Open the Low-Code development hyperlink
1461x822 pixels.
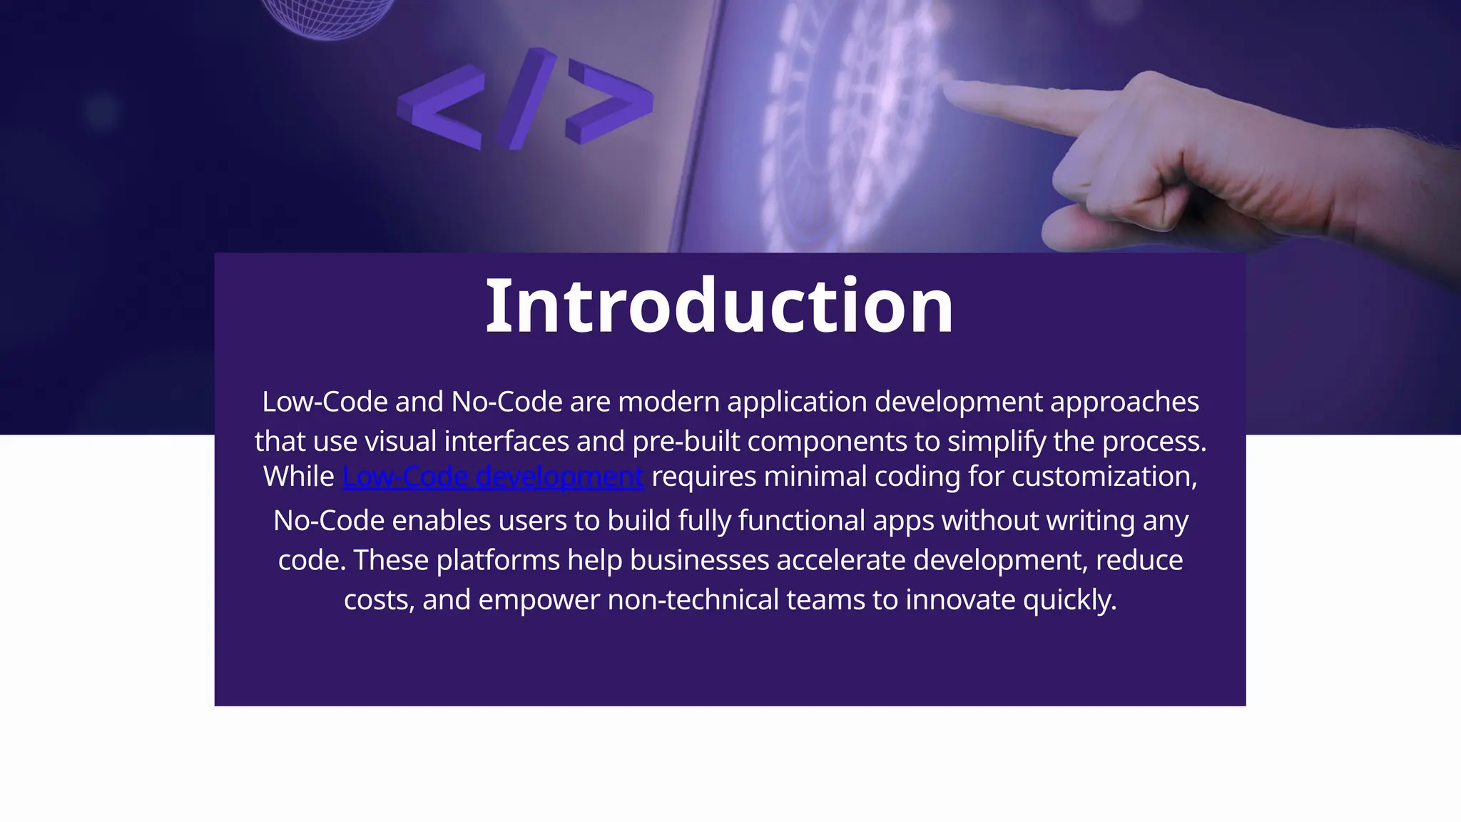[493, 477]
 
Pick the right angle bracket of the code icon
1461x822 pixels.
[609, 100]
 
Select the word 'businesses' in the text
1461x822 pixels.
[699, 560]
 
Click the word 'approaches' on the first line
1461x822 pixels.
[1124, 402]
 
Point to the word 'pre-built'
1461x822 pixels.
[686, 442]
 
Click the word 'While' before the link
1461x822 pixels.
[299, 477]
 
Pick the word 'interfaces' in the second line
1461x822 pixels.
[506, 442]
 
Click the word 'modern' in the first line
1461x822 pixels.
[668, 402]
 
